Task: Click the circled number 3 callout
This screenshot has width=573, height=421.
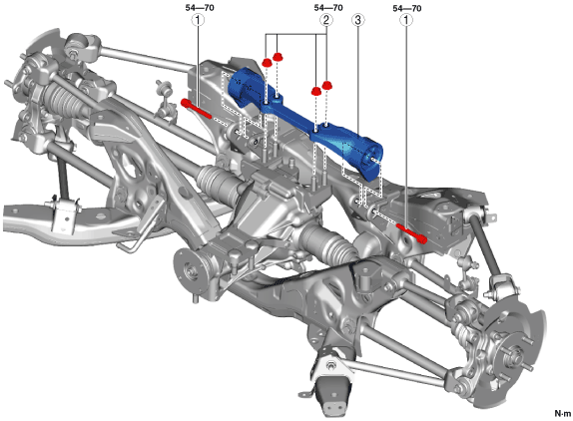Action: pos(358,20)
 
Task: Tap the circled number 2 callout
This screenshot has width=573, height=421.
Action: pos(326,20)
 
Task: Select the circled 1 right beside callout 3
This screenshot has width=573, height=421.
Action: pos(406,20)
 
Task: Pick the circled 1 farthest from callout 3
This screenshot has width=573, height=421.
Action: pos(199,20)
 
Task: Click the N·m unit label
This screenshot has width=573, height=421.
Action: pos(563,413)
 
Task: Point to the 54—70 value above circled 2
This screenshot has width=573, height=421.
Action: pos(328,7)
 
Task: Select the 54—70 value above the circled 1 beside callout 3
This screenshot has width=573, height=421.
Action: pos(407,8)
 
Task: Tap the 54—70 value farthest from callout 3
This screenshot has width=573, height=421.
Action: pos(200,7)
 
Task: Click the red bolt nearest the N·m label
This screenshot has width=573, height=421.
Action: pos(412,233)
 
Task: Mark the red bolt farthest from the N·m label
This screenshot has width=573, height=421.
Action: pos(196,109)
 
